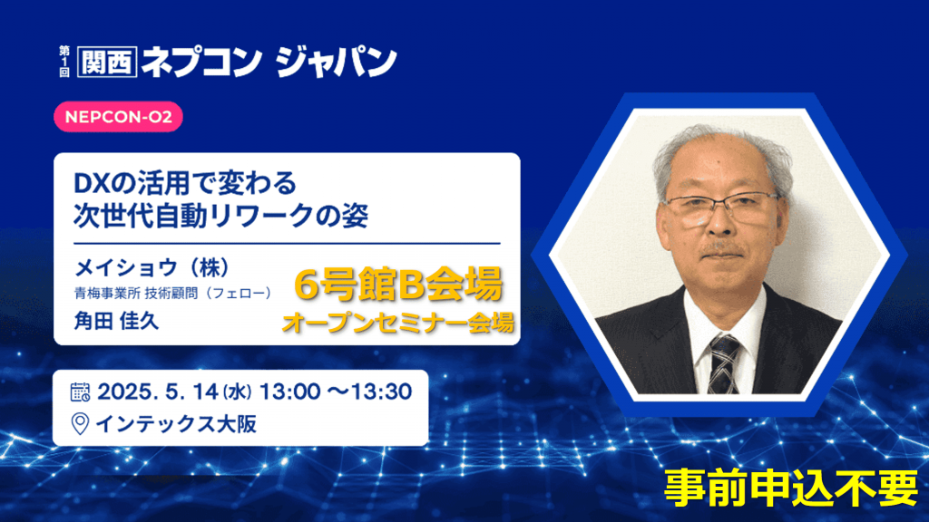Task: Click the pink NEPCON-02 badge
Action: coord(118,117)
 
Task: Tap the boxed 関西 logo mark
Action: coord(107,62)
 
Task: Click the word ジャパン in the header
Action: coord(336,61)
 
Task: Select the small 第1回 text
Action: coord(64,62)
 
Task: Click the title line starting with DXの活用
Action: coord(185,183)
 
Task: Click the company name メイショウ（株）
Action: coord(152,267)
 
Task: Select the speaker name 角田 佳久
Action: coord(116,321)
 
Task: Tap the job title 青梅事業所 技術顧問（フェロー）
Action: coord(173,293)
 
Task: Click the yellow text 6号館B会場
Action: coord(398,285)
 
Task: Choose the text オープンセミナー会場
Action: coord(397,324)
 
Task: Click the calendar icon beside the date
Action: coord(80,391)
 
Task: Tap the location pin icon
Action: coord(80,424)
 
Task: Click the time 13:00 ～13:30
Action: coord(336,391)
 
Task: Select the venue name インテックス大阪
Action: coord(176,424)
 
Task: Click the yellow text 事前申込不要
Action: coord(791,488)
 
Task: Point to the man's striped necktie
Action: coord(724,363)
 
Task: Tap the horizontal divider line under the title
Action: coord(287,243)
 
